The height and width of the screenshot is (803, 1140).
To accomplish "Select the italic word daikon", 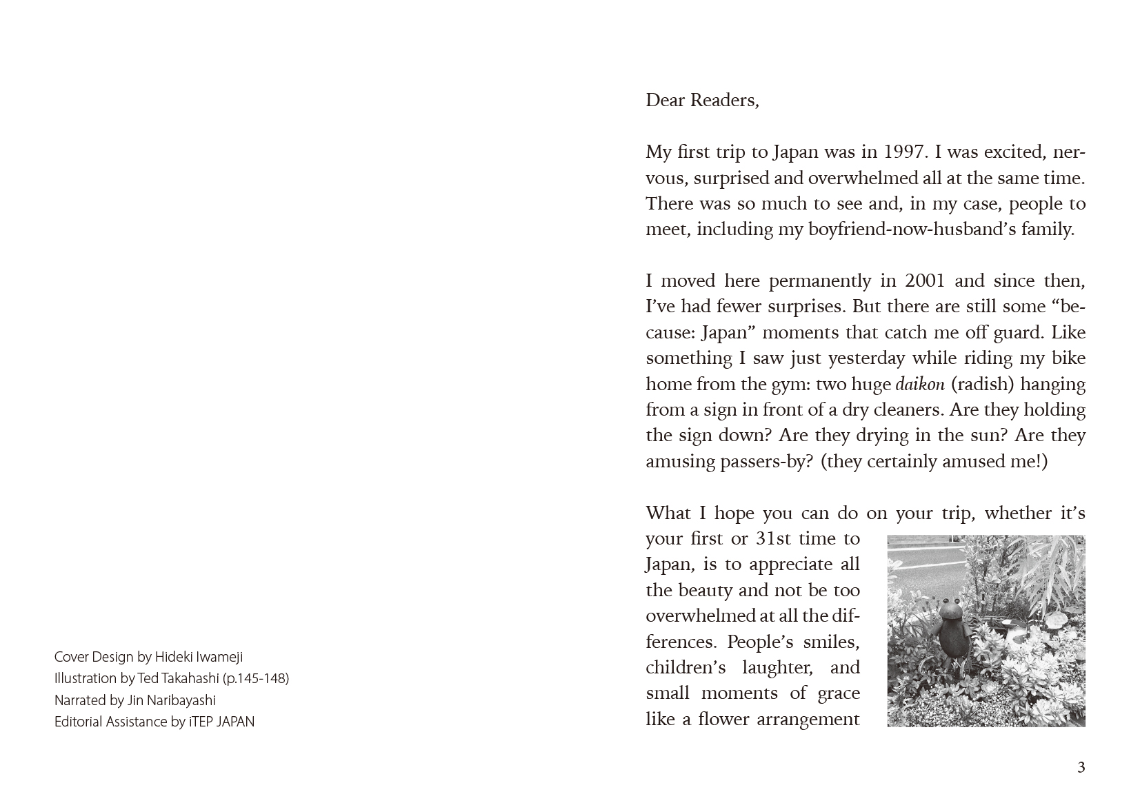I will coord(920,385).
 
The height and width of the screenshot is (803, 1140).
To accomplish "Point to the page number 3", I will coord(1081,767).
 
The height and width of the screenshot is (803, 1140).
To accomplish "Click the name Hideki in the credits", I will coord(174,657).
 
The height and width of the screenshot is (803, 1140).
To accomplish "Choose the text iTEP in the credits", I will coord(201,722).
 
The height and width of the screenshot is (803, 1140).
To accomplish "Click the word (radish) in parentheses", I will coord(980,385).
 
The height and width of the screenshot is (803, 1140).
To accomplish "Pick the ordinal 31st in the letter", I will coord(774,539).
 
